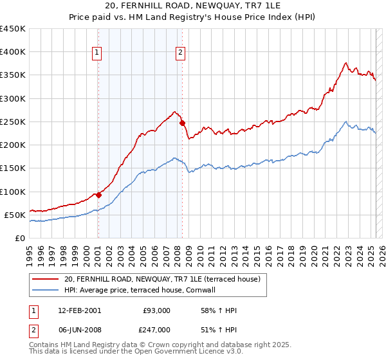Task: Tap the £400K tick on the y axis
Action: (13, 52)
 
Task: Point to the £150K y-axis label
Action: (13, 168)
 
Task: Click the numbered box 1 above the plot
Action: (96, 53)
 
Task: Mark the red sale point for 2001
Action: (99, 195)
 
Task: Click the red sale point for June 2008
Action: (182, 123)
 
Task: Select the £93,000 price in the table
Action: (157, 310)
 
